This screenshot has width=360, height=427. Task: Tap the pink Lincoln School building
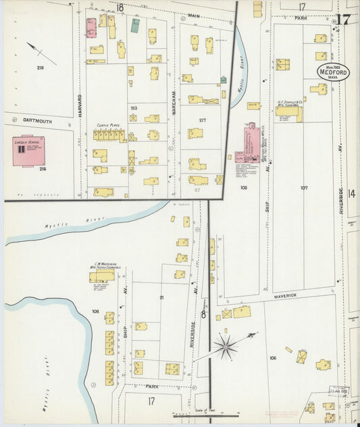coord(24,152)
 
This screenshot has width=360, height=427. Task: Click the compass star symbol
coord(226,347)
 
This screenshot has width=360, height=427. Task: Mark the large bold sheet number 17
coord(342,18)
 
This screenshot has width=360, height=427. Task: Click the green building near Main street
coord(135,26)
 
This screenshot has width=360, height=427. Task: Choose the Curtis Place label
coord(107,125)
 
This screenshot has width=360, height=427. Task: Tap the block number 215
coord(40,68)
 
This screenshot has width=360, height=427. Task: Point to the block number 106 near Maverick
coord(272,357)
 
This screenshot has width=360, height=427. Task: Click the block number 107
coord(304,187)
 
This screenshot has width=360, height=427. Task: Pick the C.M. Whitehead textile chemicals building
coord(101,277)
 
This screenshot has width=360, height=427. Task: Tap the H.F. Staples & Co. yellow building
coord(288,113)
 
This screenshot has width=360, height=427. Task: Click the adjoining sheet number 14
coord(351,193)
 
